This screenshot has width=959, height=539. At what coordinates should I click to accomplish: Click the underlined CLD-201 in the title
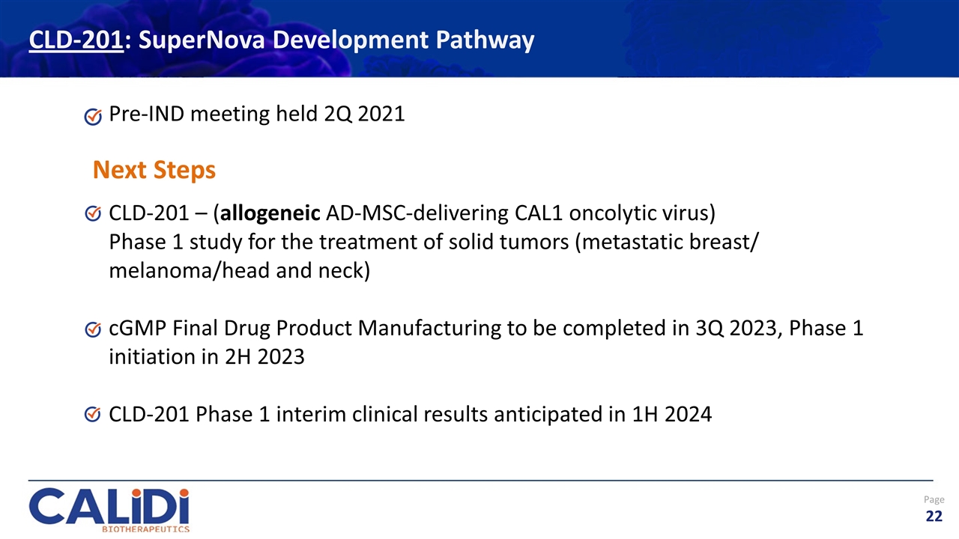coord(75,40)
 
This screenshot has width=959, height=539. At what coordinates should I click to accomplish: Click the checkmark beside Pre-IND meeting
coord(93,116)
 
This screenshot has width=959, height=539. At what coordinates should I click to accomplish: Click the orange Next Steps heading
coord(154,170)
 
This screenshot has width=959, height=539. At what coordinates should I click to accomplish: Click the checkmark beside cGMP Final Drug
coord(93,329)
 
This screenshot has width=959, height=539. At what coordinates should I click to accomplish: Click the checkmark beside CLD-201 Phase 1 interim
coord(93,415)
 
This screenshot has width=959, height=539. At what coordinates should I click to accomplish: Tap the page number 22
coord(934,516)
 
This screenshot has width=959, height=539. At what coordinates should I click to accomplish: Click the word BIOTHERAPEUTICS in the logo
coord(145,528)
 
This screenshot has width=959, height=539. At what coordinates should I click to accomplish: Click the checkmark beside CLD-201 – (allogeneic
coord(93,215)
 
